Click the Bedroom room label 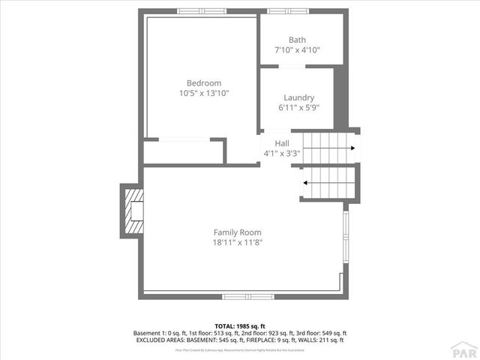click(x=204, y=82)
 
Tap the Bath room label click(x=298, y=40)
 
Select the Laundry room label click(x=298, y=97)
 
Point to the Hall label click(x=282, y=143)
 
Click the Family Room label click(x=237, y=232)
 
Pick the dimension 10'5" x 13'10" click(x=204, y=94)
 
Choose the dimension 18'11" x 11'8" click(x=237, y=242)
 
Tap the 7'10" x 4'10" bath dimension click(x=298, y=50)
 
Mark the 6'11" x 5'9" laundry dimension click(x=298, y=108)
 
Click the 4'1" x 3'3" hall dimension click(x=282, y=153)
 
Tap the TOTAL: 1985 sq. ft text click(x=239, y=325)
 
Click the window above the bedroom click(x=202, y=11)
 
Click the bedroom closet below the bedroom click(x=184, y=151)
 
